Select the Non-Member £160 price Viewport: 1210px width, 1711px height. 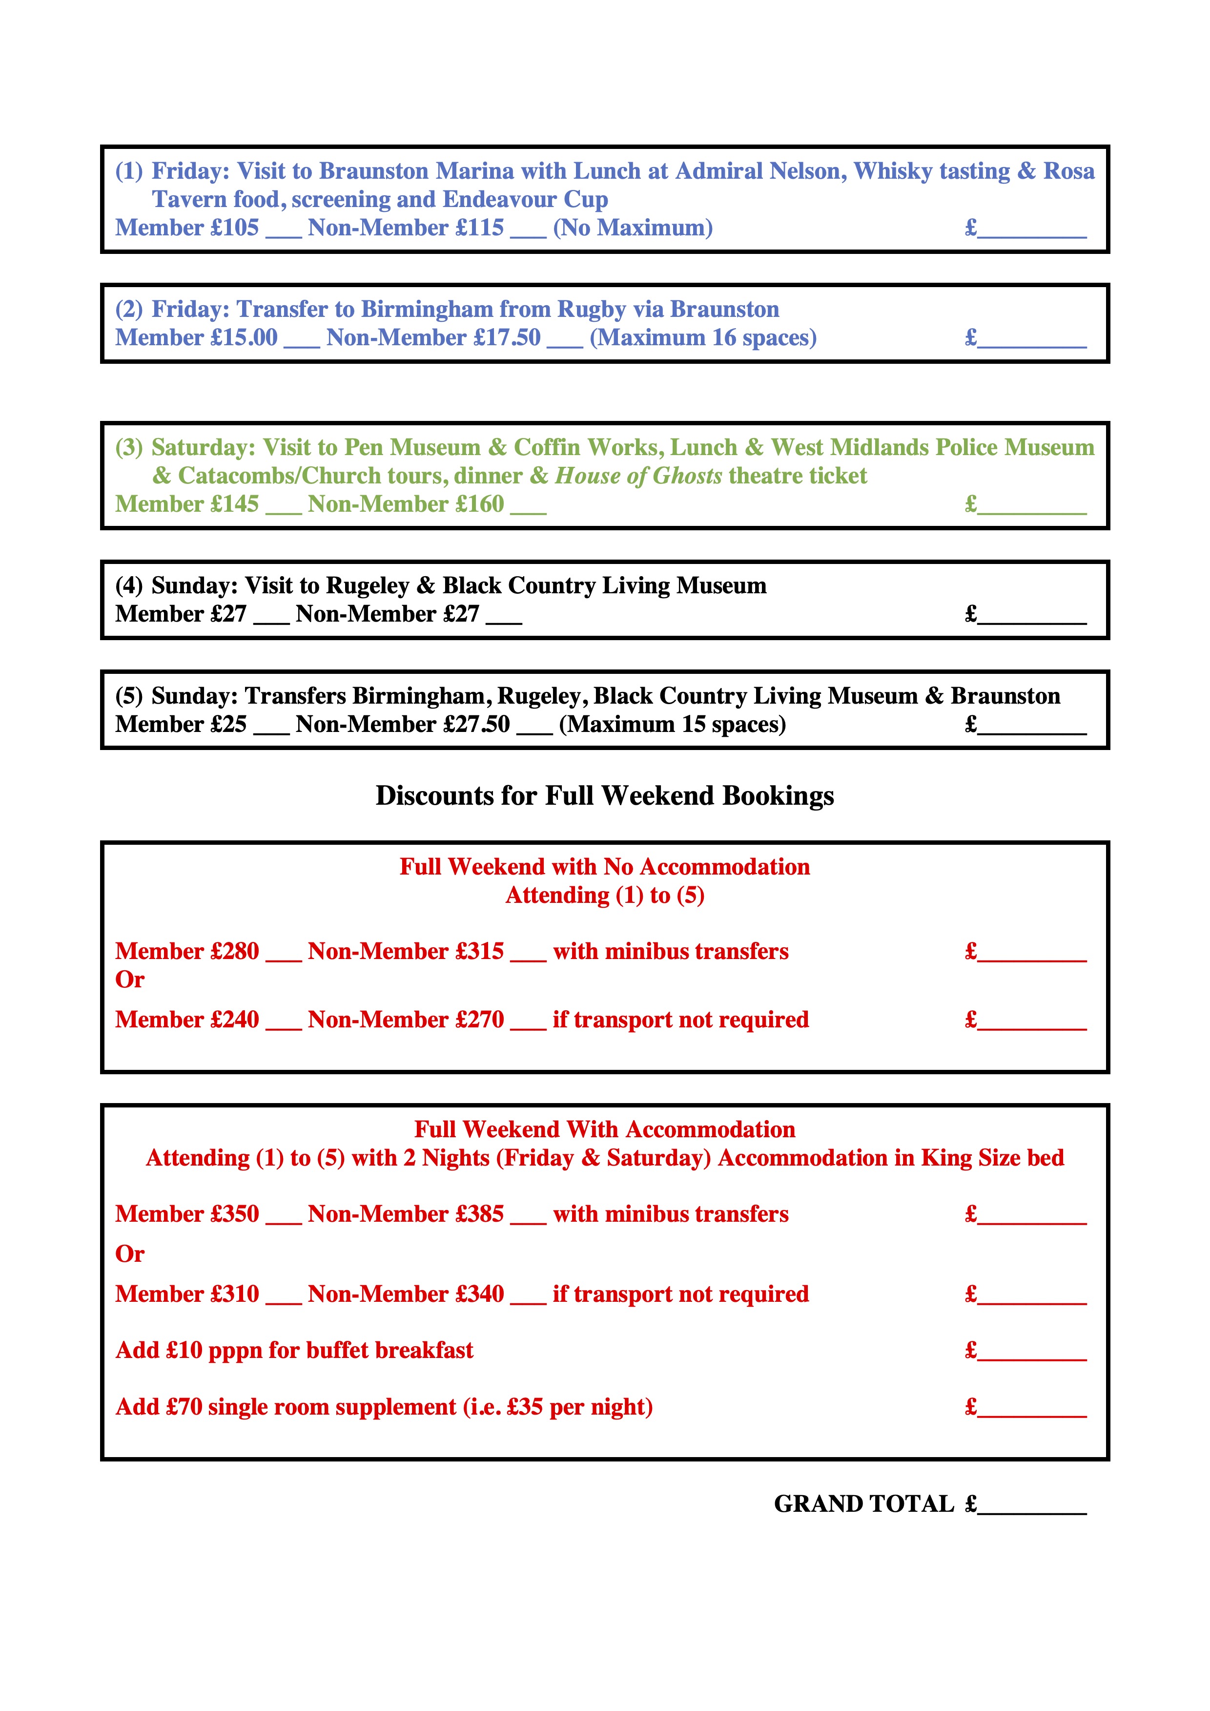pyautogui.click(x=406, y=504)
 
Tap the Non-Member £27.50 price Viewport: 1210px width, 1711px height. pyautogui.click(x=403, y=724)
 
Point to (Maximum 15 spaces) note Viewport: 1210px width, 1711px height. pyautogui.click(x=672, y=724)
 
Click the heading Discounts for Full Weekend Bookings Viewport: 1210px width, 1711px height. pyautogui.click(x=604, y=796)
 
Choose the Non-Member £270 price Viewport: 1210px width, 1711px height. pyautogui.click(x=406, y=1020)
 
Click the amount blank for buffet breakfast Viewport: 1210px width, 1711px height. pyautogui.click(x=1032, y=1353)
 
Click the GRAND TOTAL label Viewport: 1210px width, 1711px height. pyautogui.click(x=863, y=1504)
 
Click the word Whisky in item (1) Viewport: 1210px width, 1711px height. pyautogui.click(x=890, y=171)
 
